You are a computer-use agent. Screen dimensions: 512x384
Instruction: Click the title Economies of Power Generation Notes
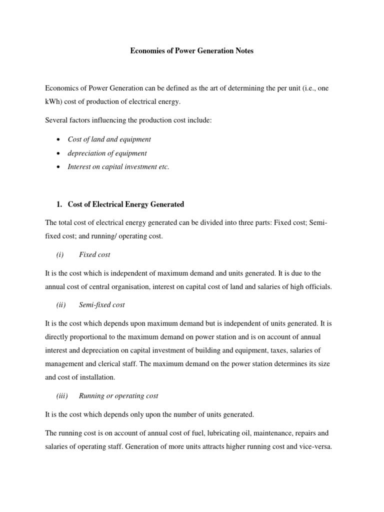(192, 51)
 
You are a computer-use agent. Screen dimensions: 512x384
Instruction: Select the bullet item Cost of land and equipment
(109, 139)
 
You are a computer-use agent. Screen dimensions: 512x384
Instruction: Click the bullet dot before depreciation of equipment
(59, 153)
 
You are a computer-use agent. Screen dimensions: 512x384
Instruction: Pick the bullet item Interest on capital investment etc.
(118, 167)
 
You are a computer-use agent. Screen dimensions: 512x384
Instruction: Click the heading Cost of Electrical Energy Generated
(125, 204)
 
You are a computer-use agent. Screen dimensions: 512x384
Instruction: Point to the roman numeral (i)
(60, 254)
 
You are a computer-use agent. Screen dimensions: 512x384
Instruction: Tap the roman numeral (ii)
(61, 304)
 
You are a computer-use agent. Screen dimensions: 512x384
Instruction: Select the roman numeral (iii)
(62, 395)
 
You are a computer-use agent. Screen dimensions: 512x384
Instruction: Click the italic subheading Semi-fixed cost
(102, 304)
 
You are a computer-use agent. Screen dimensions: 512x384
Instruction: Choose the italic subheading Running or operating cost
(118, 395)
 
